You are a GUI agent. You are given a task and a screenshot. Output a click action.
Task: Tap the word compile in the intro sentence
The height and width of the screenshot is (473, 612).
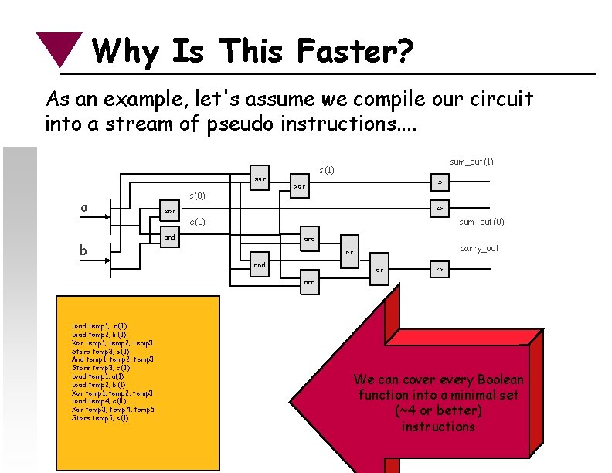coord(335,100)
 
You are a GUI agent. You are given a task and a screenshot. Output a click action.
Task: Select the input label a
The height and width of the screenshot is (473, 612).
coord(83,207)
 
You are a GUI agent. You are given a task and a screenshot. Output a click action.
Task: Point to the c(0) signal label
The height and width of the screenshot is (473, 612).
coord(198,223)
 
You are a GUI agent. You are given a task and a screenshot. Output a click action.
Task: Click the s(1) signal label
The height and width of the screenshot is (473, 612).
coord(327,169)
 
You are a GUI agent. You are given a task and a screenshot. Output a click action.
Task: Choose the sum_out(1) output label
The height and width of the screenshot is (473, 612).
coord(471,162)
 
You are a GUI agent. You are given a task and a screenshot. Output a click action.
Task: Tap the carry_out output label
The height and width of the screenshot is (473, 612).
coord(479,248)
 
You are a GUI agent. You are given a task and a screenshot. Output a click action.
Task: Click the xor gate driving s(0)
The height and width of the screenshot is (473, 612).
coord(168,210)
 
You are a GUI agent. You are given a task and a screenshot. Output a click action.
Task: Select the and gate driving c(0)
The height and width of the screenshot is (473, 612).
coord(168,237)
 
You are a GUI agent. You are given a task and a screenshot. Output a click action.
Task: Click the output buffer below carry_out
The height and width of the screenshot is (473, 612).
coord(439,269)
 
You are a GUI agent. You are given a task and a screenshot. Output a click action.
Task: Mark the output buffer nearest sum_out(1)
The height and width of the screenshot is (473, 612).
coord(439,182)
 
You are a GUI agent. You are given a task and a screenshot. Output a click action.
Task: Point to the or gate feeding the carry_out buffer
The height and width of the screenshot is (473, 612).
coord(379,270)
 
